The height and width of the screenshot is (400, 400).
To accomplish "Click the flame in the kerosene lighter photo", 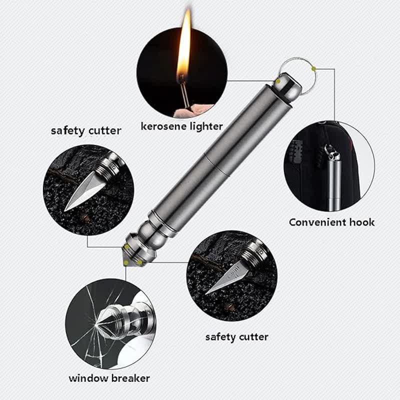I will point(184,47).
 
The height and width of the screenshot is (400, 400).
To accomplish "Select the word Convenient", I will point(317,222).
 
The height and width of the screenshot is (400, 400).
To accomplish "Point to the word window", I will point(88,378).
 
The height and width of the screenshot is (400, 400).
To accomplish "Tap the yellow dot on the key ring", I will point(313,68).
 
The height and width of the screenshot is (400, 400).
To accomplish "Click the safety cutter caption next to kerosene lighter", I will point(86,131).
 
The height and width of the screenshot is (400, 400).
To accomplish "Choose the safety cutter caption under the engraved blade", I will point(236,337).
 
